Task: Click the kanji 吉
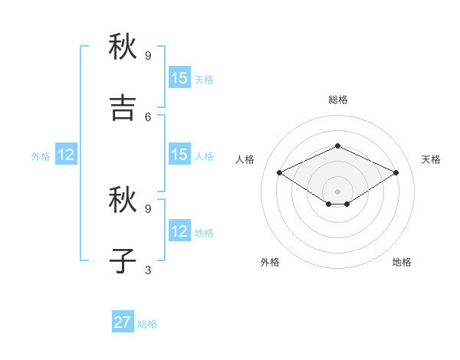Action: [123, 108]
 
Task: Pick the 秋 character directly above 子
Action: [123, 200]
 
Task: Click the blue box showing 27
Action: [123, 322]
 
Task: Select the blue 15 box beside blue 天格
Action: [179, 78]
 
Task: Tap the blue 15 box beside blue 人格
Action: [179, 155]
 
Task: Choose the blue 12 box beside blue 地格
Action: [179, 231]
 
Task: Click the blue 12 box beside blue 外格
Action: [66, 155]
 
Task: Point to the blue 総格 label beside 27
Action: [147, 324]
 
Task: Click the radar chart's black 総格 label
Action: [338, 100]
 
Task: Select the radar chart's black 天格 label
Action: [431, 159]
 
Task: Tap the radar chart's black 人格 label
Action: [245, 159]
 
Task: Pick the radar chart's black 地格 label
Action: [402, 262]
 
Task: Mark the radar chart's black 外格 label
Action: [270, 262]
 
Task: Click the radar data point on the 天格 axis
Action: [396, 173]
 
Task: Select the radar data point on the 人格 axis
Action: [280, 173]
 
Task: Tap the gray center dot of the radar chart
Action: [338, 191]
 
